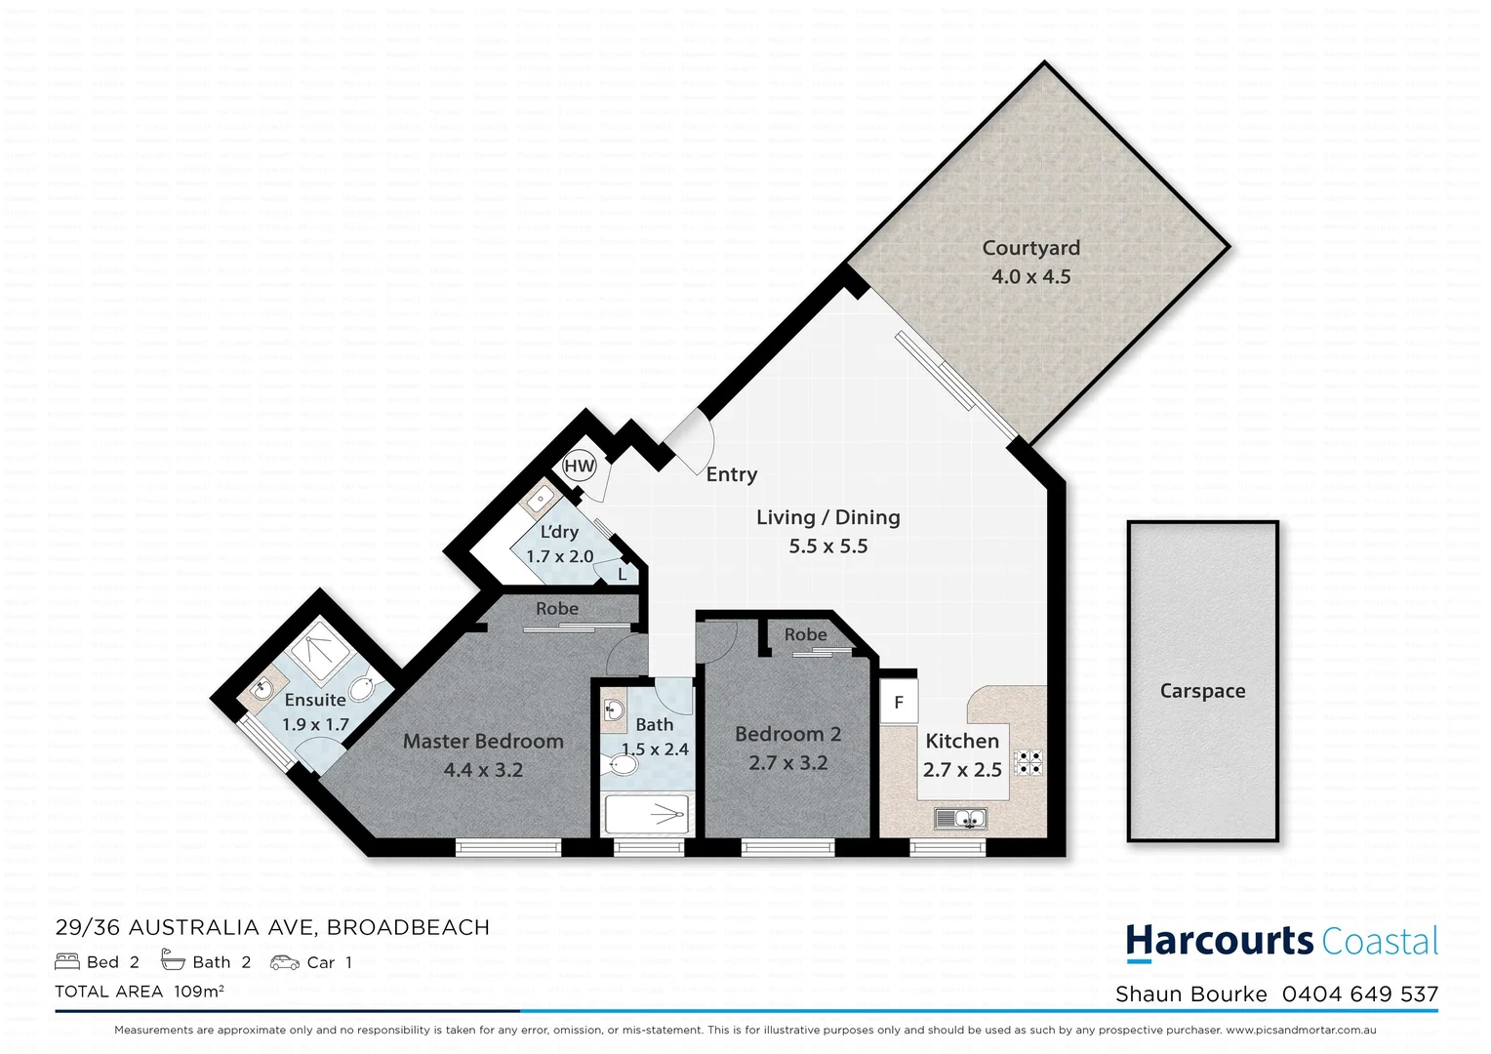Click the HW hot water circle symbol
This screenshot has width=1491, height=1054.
pyautogui.click(x=580, y=466)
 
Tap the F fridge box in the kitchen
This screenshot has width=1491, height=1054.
pyautogui.click(x=899, y=703)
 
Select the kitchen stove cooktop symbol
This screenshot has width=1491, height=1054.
pyautogui.click(x=1028, y=762)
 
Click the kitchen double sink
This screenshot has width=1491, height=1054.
pyautogui.click(x=960, y=819)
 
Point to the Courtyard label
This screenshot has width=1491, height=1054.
pyautogui.click(x=1030, y=248)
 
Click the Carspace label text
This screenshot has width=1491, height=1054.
pyautogui.click(x=1202, y=691)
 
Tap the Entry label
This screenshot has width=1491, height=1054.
pyautogui.click(x=731, y=474)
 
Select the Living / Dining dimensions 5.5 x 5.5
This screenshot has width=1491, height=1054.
pyautogui.click(x=827, y=547)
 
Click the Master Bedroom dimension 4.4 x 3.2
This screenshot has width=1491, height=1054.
pyautogui.click(x=483, y=770)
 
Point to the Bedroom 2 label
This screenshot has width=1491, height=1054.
pyautogui.click(x=787, y=734)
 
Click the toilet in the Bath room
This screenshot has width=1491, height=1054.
pyautogui.click(x=620, y=764)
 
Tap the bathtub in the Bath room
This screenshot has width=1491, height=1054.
pyautogui.click(x=647, y=814)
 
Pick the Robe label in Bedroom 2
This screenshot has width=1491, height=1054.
pyautogui.click(x=805, y=634)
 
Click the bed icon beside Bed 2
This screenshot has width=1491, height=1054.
pyautogui.click(x=67, y=962)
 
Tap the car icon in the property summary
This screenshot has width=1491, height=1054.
pyautogui.click(x=285, y=962)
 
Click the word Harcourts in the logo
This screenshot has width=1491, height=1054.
pyautogui.click(x=1219, y=941)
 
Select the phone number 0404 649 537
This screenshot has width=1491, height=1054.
pyautogui.click(x=1359, y=994)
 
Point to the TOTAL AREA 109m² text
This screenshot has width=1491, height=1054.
pyautogui.click(x=140, y=992)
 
